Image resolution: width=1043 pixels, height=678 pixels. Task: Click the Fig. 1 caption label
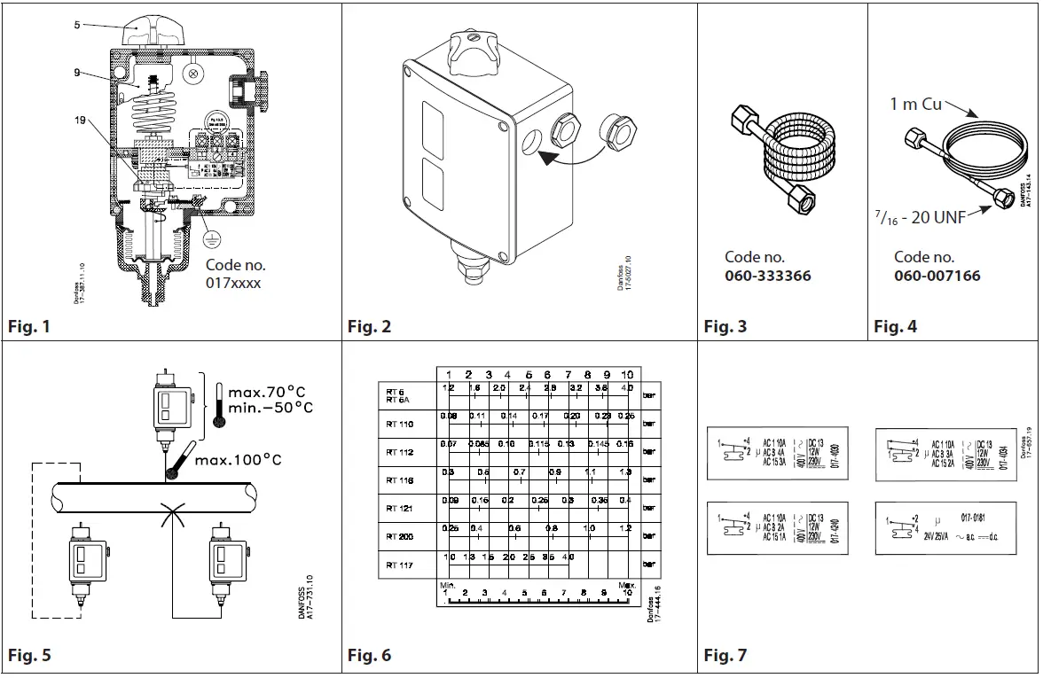coord(29,327)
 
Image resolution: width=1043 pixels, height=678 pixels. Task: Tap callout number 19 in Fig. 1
coord(81,121)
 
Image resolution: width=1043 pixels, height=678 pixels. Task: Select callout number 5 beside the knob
coord(77,25)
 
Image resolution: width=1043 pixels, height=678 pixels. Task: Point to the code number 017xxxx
coord(235,283)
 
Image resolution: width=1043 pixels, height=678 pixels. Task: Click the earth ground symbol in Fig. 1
coord(209,237)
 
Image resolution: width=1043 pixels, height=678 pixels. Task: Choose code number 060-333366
coord(767,276)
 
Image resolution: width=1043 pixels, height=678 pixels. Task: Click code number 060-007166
coord(937,276)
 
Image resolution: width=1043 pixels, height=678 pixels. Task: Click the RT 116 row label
coord(400,479)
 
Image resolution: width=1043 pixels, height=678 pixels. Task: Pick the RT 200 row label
coord(400,536)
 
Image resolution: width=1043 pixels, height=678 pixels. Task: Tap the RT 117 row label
coord(400,565)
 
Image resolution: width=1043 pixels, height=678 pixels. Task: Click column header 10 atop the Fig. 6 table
coord(626,374)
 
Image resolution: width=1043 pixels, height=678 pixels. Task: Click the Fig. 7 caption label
coord(725,656)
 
